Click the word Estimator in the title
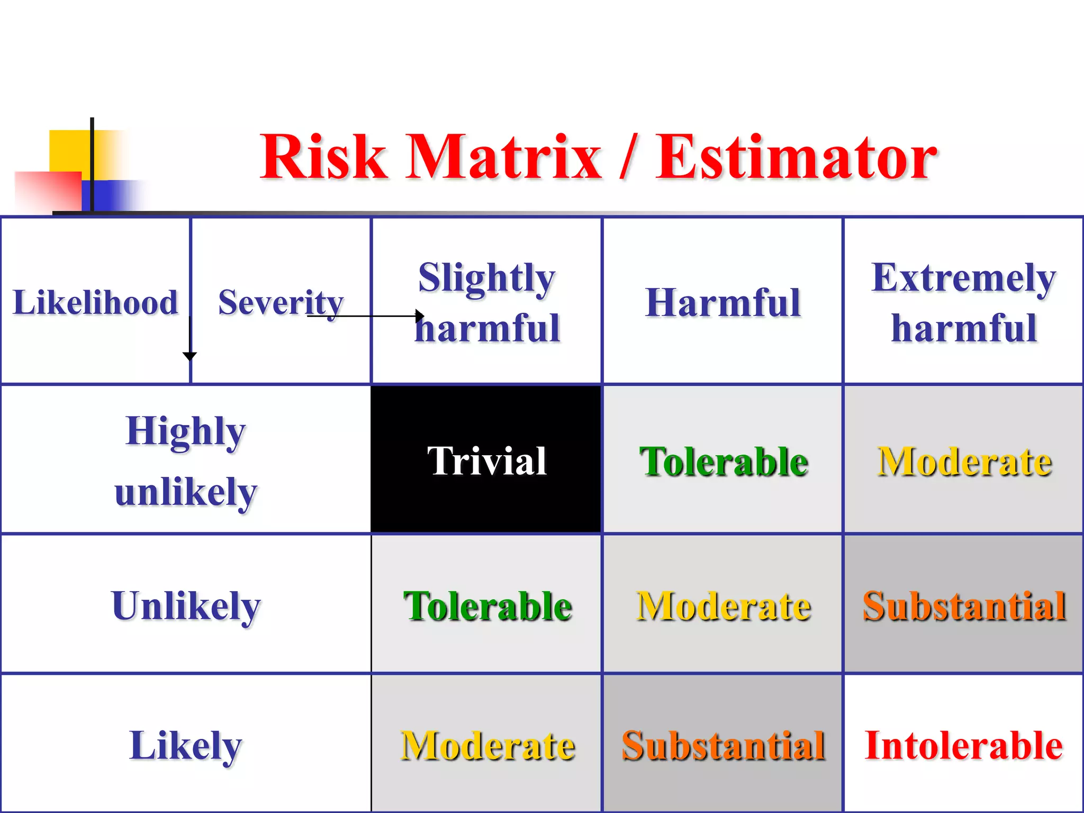[x=796, y=157]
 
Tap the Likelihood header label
[x=95, y=302]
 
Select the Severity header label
[x=281, y=302]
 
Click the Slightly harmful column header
[x=487, y=302]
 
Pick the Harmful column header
[x=723, y=302]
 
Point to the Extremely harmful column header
[x=963, y=302]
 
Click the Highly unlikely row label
[x=185, y=460]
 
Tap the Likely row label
[x=185, y=745]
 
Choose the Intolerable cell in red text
[x=963, y=745]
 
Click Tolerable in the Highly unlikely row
[x=723, y=462]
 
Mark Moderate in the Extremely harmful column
[x=963, y=462]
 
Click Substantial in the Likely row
[x=723, y=745]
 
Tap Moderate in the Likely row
[x=487, y=745]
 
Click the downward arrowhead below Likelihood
[x=189, y=356]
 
